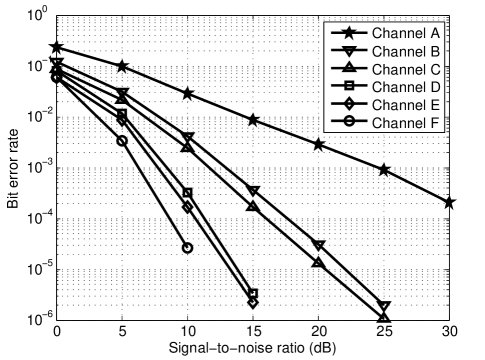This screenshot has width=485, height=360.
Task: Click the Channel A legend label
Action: coord(406,33)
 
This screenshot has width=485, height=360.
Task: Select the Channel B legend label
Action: coord(406,51)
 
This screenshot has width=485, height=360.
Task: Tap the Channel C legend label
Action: coord(406,69)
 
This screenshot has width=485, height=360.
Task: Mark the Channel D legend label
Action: coord(406,87)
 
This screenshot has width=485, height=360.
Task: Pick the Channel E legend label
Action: coord(406,105)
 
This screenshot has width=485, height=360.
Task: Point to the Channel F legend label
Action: coord(406,123)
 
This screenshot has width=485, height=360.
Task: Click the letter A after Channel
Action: coord(436,33)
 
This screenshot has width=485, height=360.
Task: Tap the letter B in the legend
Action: coord(436,51)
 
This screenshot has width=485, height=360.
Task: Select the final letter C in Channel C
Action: coord(436,69)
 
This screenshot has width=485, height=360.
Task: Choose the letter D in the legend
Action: coord(436,87)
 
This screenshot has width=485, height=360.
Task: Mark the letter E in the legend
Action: coord(436,105)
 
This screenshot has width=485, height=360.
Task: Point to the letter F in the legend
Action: coord(436,123)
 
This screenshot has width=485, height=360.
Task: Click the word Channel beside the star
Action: coord(399,33)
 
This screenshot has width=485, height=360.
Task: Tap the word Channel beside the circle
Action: coord(399,123)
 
